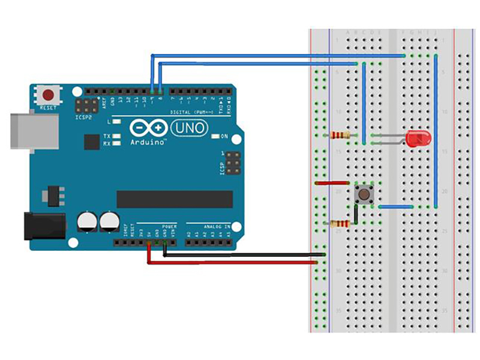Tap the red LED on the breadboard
click(416, 139)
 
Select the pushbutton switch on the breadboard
click(364, 193)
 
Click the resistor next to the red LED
click(339, 135)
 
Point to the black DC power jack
click(43, 226)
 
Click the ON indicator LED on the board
click(215, 137)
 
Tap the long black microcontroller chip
click(174, 199)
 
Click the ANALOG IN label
click(217, 226)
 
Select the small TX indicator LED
click(116, 136)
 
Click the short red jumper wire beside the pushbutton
click(332, 182)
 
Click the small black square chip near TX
click(92, 142)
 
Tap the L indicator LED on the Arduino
click(116, 122)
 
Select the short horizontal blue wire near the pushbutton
click(394, 207)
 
